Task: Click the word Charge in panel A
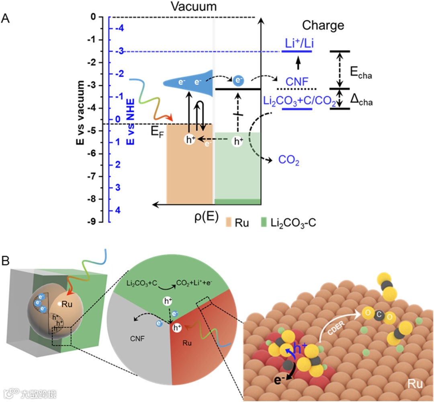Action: (x=323, y=25)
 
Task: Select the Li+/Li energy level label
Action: (x=297, y=43)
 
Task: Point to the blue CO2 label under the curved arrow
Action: (x=289, y=161)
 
